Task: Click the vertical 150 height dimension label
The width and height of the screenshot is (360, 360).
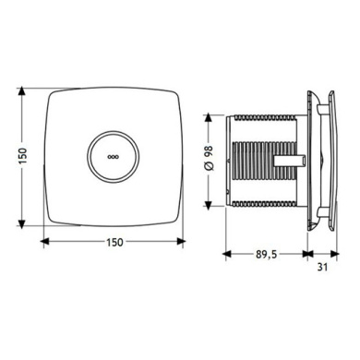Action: point(23,155)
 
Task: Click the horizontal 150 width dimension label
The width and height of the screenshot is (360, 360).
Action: point(114,243)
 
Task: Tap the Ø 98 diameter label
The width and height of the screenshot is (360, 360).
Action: point(209,158)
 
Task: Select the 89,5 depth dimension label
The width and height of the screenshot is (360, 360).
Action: point(267,254)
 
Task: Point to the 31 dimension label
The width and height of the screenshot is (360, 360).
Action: point(322,267)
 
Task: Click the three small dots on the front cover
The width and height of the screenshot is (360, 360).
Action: point(113,157)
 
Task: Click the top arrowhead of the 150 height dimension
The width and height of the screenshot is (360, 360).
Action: point(21,91)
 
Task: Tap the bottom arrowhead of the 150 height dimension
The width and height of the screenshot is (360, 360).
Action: point(21,224)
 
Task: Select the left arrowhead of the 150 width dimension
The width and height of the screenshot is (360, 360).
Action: point(45,242)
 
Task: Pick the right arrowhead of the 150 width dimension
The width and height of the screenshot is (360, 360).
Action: point(181,242)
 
